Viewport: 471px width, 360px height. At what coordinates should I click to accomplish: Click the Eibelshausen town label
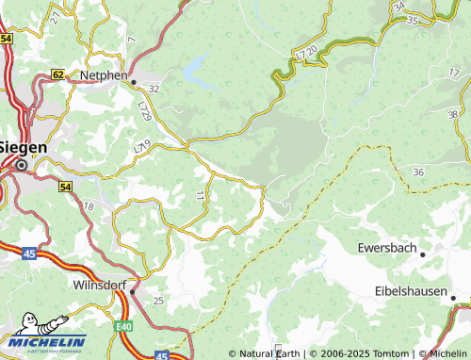click(411, 291)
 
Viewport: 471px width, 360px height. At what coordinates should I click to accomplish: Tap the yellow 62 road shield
click(58, 74)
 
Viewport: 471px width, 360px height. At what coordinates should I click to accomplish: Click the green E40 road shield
click(124, 325)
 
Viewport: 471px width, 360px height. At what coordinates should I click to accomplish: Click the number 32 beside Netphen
click(154, 88)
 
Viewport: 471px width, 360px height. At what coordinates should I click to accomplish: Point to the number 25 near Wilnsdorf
click(158, 300)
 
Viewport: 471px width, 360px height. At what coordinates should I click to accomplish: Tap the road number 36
click(418, 172)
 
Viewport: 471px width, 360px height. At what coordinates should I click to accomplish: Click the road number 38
click(452, 114)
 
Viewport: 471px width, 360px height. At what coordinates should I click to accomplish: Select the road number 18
click(89, 205)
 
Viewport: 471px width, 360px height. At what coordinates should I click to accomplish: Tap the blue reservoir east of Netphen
click(196, 68)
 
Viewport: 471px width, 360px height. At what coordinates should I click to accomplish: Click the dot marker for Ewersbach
click(422, 254)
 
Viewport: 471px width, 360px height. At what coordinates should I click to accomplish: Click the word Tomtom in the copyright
click(391, 353)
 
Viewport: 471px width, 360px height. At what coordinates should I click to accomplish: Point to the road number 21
click(55, 17)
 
